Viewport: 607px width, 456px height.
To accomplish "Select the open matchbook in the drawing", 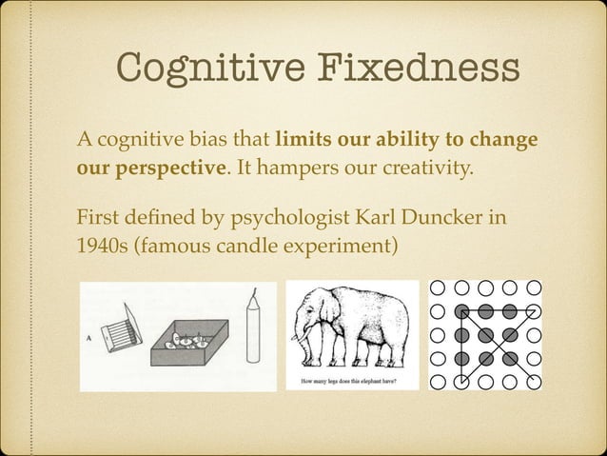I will coord(121,329).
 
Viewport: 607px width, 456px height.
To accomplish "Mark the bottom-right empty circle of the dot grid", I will coord(534,382).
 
